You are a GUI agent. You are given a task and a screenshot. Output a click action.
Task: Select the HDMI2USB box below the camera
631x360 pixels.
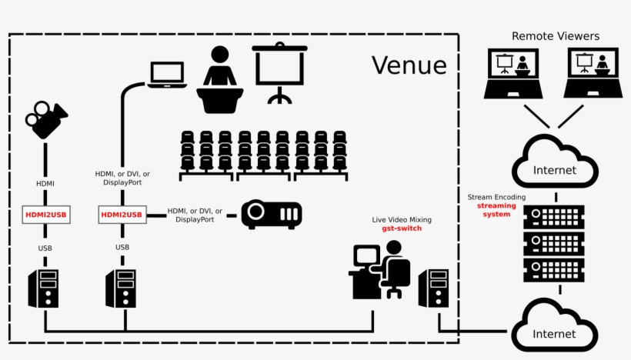[45, 215]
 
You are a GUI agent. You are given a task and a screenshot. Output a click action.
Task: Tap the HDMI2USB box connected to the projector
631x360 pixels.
[122, 215]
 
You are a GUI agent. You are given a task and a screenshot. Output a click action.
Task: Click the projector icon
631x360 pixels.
[272, 215]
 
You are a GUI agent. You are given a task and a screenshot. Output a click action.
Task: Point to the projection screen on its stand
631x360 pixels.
[279, 71]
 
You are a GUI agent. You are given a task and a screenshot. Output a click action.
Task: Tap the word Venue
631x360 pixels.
[409, 65]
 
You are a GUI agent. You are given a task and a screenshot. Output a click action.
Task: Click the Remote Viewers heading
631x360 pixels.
[555, 36]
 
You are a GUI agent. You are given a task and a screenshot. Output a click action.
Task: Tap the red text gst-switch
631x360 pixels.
[402, 229]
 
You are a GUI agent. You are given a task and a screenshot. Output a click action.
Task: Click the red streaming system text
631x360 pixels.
[496, 210]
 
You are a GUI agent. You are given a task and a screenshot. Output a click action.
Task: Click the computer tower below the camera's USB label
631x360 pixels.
[44, 288]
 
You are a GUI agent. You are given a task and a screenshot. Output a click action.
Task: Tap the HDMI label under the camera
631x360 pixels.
[45, 184]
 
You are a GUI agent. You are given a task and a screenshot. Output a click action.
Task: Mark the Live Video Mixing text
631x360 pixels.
[402, 219]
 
